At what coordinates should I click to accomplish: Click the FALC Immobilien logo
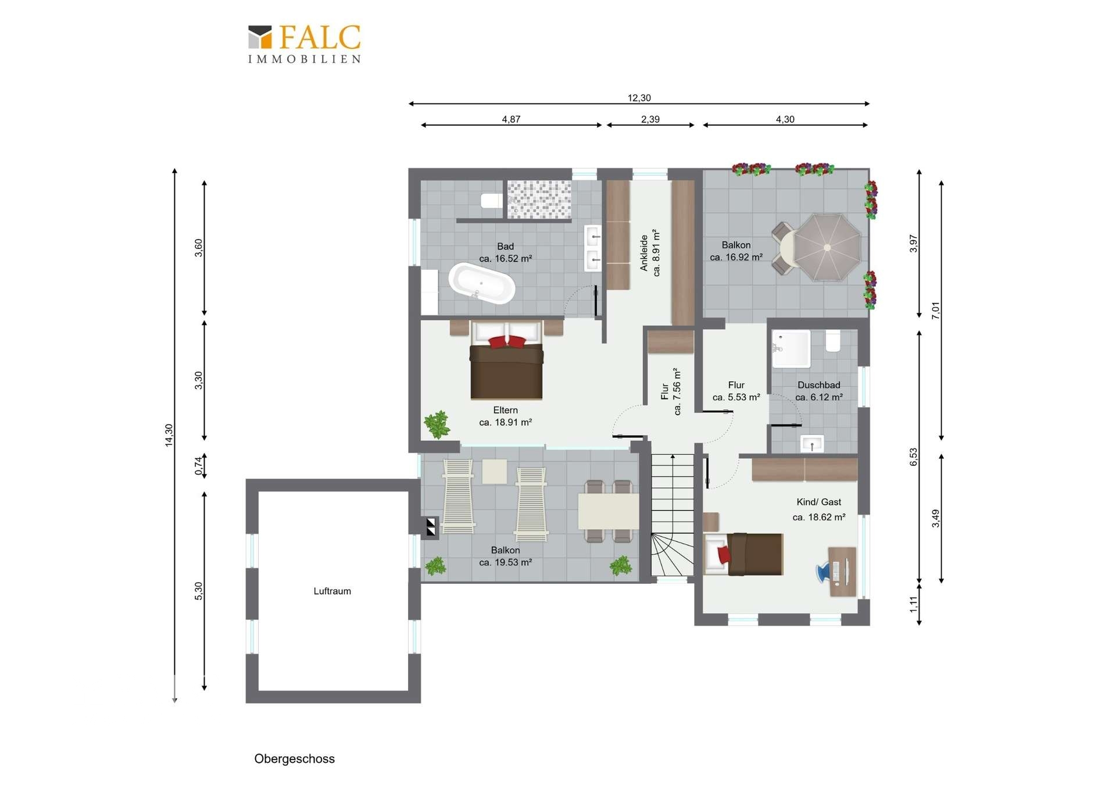[305, 44]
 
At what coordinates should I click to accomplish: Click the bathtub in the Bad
[482, 283]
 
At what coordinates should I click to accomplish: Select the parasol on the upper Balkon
[827, 247]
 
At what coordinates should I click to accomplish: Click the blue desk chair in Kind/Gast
[824, 572]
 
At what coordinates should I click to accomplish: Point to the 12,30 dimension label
[639, 98]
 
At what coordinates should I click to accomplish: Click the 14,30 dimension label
[169, 435]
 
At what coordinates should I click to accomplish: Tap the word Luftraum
[332, 591]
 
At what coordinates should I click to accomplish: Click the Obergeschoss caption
[294, 759]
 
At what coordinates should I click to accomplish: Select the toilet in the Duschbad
[833, 341]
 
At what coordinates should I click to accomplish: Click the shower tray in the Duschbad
[791, 348]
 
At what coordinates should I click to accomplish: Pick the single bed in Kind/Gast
[743, 554]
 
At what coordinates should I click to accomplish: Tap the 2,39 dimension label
[650, 119]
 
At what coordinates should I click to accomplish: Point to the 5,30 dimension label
[198, 591]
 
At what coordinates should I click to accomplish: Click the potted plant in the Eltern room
[437, 424]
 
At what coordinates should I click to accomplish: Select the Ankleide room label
[650, 253]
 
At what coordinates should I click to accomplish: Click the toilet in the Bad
[491, 201]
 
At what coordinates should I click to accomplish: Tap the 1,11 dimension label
[913, 605]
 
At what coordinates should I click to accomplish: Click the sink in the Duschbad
[812, 443]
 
